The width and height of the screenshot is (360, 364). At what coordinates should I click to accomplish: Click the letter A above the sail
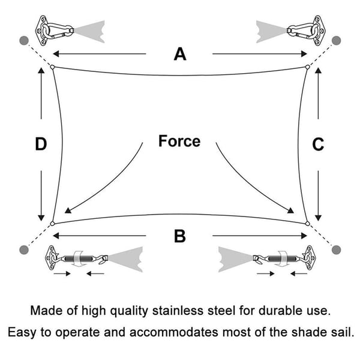click(x=180, y=54)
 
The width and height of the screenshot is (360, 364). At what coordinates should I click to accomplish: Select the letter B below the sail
click(x=180, y=236)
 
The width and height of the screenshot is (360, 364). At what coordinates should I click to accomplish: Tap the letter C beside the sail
click(x=318, y=145)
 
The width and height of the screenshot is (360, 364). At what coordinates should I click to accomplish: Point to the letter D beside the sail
click(x=41, y=144)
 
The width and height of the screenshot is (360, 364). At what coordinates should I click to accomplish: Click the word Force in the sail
click(x=179, y=141)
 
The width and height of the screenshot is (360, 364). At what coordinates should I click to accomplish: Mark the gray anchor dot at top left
click(x=24, y=40)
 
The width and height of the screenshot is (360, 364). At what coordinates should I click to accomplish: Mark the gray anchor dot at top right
click(x=336, y=40)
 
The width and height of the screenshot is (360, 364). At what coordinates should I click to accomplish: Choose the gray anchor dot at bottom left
click(x=24, y=250)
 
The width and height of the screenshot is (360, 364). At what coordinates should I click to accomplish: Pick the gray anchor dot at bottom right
click(x=336, y=250)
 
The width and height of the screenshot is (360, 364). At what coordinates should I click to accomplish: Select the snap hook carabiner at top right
click(x=302, y=31)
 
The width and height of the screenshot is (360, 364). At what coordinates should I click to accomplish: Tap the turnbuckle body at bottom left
click(x=77, y=258)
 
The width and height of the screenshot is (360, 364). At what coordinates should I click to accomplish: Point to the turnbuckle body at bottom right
click(x=283, y=258)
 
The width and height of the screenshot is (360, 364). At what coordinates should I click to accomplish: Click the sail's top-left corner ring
click(x=52, y=67)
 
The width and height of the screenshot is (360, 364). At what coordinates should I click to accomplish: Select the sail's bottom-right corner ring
click(x=308, y=223)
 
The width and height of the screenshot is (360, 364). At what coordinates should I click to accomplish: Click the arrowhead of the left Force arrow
click(x=68, y=210)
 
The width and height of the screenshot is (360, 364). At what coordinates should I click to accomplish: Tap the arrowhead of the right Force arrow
click(x=290, y=210)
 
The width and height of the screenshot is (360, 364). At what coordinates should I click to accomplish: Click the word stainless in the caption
click(x=178, y=311)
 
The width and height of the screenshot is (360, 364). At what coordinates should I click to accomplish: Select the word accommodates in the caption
click(x=174, y=332)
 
